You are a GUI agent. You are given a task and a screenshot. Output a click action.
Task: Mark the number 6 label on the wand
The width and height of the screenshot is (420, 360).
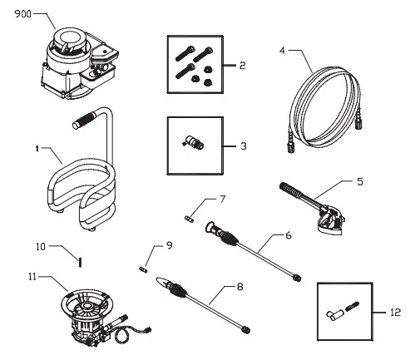tap(287, 236)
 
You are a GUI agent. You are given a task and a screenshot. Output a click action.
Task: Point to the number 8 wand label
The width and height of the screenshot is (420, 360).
tap(240, 287)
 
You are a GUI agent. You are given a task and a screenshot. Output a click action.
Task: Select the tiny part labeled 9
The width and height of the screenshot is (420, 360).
tap(143, 269)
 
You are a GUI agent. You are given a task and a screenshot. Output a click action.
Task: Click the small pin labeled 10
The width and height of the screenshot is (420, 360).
tap(79, 261)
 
